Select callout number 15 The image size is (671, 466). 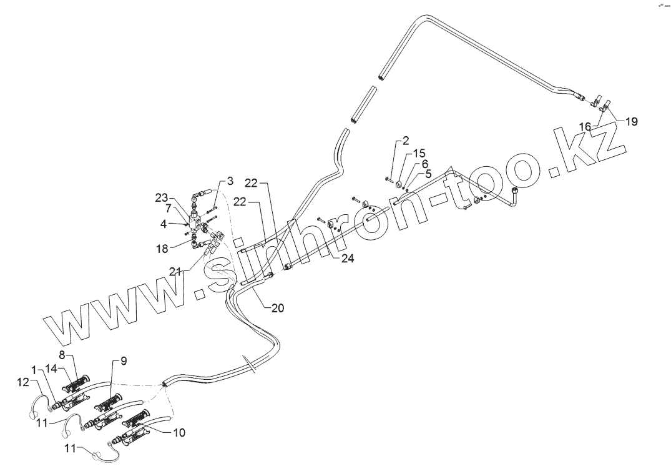tap(418, 154)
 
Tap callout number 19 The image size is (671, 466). tap(632, 122)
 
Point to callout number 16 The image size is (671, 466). tap(585, 127)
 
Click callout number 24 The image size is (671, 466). tap(348, 258)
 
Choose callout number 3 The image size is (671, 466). tap(230, 181)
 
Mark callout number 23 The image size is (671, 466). tap(162, 199)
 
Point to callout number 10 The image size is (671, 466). tap(179, 432)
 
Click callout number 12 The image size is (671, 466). tap(22, 382)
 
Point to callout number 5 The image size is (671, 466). tap(428, 173)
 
